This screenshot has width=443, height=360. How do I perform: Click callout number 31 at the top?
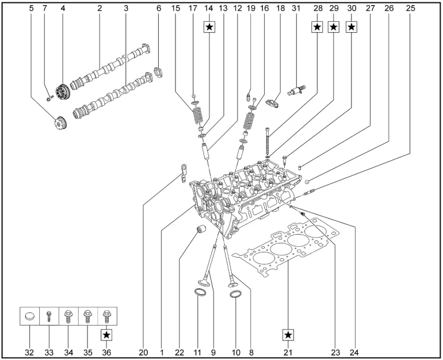296,8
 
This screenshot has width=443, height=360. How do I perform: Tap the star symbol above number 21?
288,334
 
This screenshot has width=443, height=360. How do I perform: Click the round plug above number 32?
29,316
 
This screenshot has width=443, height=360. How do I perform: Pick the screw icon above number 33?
49,316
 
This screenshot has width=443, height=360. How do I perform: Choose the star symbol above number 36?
107,334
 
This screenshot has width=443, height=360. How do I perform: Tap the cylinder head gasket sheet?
291,247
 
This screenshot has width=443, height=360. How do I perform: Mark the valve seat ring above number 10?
235,295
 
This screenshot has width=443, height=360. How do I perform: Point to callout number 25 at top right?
410,8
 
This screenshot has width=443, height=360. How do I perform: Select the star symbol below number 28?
316,26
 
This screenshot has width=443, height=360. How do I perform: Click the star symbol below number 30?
352,26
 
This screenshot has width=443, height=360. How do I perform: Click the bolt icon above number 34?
68,316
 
